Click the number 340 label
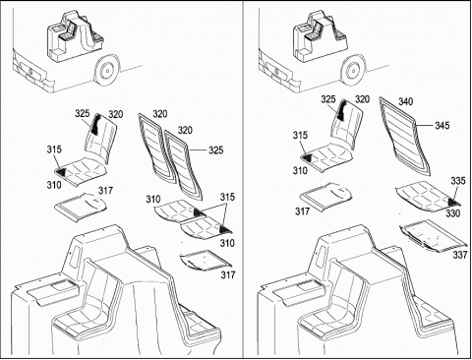coord(405,101)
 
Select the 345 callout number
coord(442,125)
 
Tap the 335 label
coord(457,181)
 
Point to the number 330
coord(453,213)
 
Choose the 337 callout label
coord(460,255)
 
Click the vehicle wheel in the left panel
coord(106,71)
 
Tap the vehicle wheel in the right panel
coord(352,71)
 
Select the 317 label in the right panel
coord(302,211)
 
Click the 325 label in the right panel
coord(328,99)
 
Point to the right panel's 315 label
coord(300,135)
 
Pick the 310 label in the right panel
coord(300,171)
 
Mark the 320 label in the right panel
coord(362,99)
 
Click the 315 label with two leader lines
coord(227,197)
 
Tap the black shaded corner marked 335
coord(452,201)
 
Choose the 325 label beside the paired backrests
coord(216,150)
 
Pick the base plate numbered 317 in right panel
coord(325,195)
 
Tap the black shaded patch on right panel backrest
coord(342,110)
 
